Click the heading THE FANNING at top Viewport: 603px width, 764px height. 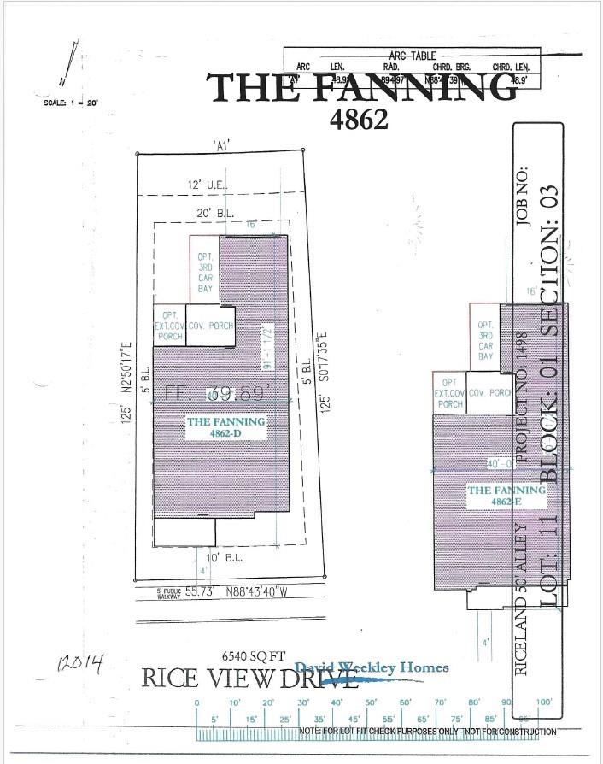pyautogui.click(x=364, y=87)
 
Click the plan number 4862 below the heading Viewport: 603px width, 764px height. pyautogui.click(x=359, y=119)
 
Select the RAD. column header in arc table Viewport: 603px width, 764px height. pyautogui.click(x=392, y=67)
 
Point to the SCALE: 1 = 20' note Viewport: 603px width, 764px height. pyautogui.click(x=71, y=103)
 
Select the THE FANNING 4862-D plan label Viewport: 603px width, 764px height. pyautogui.click(x=225, y=427)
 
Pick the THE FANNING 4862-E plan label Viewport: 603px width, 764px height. pyautogui.click(x=504, y=497)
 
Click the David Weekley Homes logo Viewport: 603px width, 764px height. pyautogui.click(x=371, y=668)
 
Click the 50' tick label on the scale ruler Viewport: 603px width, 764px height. pyautogui.click(x=370, y=702)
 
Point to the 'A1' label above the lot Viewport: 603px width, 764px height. pyautogui.click(x=223, y=145)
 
